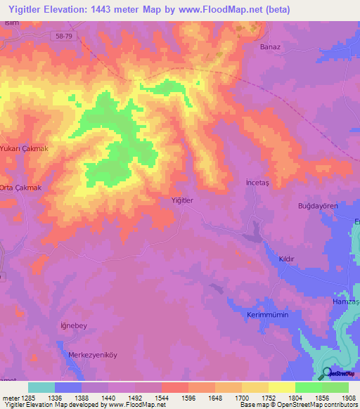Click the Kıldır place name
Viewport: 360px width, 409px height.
click(286, 259)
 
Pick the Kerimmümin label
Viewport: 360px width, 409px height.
click(268, 315)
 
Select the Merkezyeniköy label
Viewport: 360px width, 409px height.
click(91, 355)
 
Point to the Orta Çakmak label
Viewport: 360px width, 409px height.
click(21, 188)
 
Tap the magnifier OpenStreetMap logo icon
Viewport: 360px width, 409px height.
click(326, 373)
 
